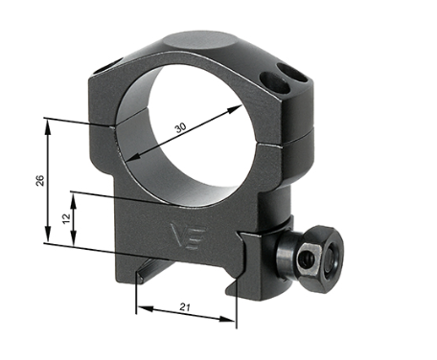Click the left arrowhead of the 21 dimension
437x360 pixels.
135,310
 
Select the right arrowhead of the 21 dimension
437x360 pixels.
235,310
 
